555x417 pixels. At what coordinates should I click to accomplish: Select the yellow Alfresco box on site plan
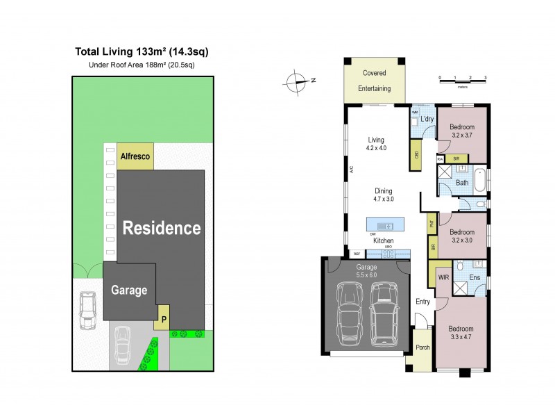(135, 157)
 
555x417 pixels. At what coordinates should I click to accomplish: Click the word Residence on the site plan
(162, 228)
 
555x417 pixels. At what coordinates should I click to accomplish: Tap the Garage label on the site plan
(129, 291)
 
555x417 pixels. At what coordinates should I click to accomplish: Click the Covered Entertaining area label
(374, 81)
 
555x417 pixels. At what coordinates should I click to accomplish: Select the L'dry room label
(427, 120)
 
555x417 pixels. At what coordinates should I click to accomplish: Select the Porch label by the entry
(422, 348)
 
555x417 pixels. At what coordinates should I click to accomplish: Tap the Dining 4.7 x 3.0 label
(384, 195)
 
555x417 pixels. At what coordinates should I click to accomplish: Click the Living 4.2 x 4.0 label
(376, 143)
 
